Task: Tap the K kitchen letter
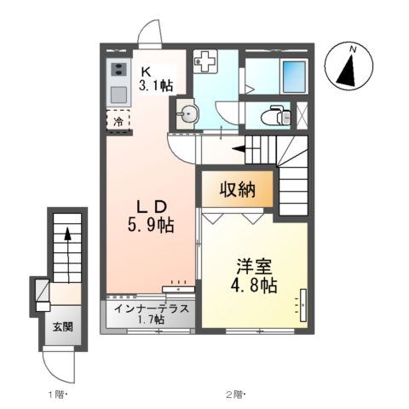tap(146, 70)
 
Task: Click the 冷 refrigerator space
tap(118, 121)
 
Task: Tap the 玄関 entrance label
tap(60, 327)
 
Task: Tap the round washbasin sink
tap(187, 111)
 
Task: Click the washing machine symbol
tap(205, 61)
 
